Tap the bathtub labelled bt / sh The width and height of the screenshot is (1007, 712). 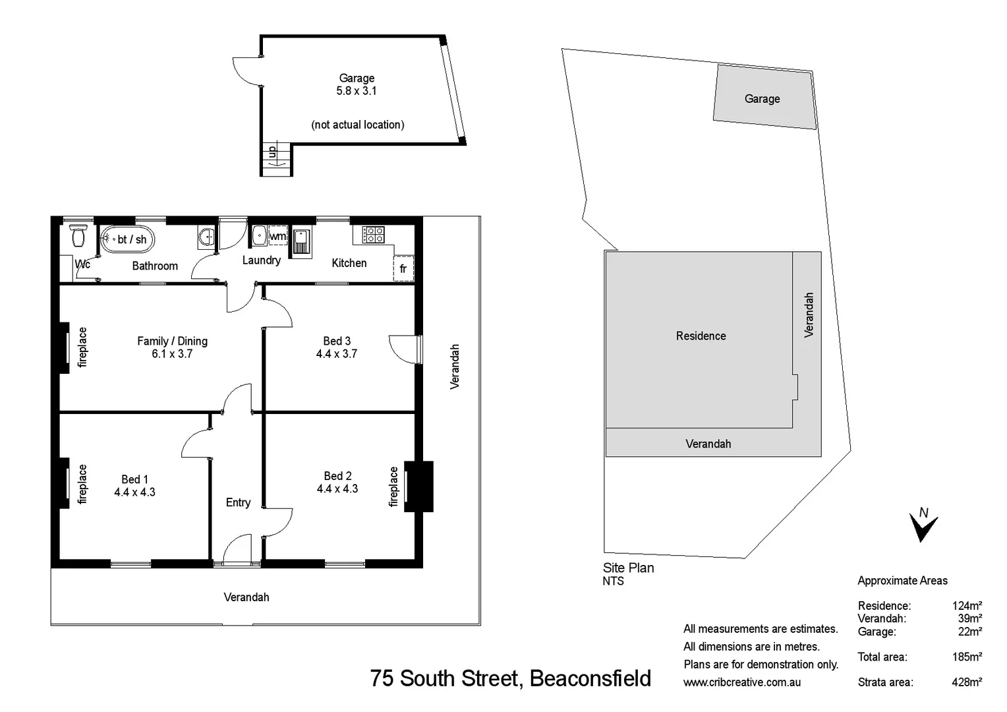(x=127, y=239)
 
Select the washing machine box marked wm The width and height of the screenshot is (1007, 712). (x=277, y=236)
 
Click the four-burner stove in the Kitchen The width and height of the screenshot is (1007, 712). (x=374, y=234)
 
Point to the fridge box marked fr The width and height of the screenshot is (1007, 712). (x=403, y=268)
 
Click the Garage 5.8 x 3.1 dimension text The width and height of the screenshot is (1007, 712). (x=357, y=91)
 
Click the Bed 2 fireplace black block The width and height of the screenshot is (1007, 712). (x=419, y=487)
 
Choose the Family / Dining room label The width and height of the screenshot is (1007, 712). (x=172, y=341)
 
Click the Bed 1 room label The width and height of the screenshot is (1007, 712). (x=134, y=479)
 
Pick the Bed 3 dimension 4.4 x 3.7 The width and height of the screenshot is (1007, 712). (x=337, y=354)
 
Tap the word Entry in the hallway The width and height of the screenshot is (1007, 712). (x=238, y=502)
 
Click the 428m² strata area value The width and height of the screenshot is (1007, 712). (x=966, y=682)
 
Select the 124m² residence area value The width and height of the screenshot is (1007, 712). (x=966, y=605)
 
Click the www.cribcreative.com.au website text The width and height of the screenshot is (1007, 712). (x=742, y=682)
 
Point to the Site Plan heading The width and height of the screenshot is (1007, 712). (x=628, y=568)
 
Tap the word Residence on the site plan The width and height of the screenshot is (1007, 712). (x=701, y=336)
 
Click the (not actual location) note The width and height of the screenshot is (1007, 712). (x=357, y=125)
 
